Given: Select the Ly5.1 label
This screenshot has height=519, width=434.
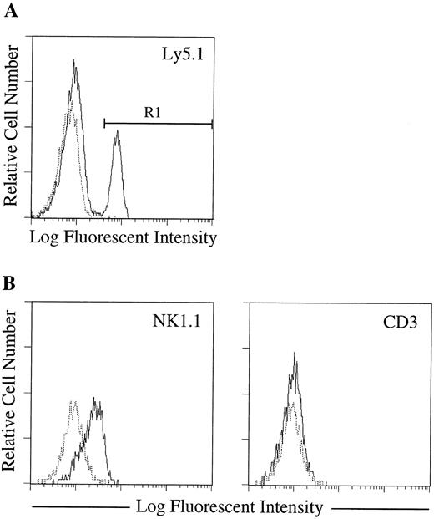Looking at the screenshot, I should [x=187, y=59].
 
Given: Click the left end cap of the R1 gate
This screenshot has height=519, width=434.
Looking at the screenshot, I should [x=104, y=124].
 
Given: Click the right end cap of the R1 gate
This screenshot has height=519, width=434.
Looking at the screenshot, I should [x=213, y=124].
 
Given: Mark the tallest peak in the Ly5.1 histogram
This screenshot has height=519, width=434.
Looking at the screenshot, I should [x=74, y=61].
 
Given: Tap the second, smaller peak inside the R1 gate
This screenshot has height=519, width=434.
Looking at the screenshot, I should [x=118, y=131].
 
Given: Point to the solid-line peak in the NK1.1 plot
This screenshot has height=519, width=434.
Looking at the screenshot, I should [x=98, y=399].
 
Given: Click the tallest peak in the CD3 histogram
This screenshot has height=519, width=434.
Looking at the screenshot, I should [x=295, y=354].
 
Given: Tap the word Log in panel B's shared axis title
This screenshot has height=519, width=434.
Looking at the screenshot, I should [x=145, y=506].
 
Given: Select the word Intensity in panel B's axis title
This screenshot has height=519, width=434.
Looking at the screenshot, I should [x=290, y=506].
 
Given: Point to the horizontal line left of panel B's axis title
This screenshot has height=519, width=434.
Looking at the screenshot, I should [x=78, y=507].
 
